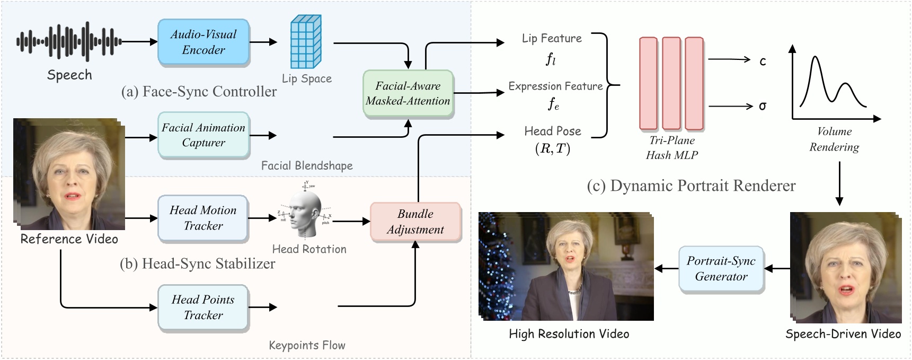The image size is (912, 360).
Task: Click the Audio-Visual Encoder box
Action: pyautogui.click(x=203, y=42)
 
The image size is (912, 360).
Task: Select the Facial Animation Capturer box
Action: pyautogui.click(x=203, y=135)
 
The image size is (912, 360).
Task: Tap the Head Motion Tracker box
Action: pyautogui.click(x=203, y=218)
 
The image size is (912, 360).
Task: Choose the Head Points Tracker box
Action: pyautogui.click(x=203, y=308)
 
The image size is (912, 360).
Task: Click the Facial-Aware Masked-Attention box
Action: pyautogui.click(x=408, y=93)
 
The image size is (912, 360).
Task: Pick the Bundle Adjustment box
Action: pyautogui.click(x=415, y=222)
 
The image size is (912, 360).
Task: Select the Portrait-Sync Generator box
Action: pyautogui.click(x=721, y=269)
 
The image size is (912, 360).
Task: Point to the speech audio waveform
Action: pyautogui.click(x=69, y=41)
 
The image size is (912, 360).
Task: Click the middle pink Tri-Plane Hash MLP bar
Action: pyautogui.click(x=671, y=83)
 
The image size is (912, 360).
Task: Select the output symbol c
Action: pyautogui.click(x=763, y=61)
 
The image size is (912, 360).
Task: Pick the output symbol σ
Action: pyautogui.click(x=762, y=106)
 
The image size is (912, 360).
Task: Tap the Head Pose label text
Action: pyautogui.click(x=553, y=131)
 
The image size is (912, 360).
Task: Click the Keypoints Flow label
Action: pyautogui.click(x=307, y=345)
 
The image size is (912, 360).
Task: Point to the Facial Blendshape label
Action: pyautogui.click(x=307, y=165)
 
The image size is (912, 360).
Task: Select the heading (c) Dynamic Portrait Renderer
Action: pyautogui.click(x=691, y=186)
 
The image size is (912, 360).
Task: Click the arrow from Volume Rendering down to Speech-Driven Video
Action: pyautogui.click(x=839, y=183)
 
